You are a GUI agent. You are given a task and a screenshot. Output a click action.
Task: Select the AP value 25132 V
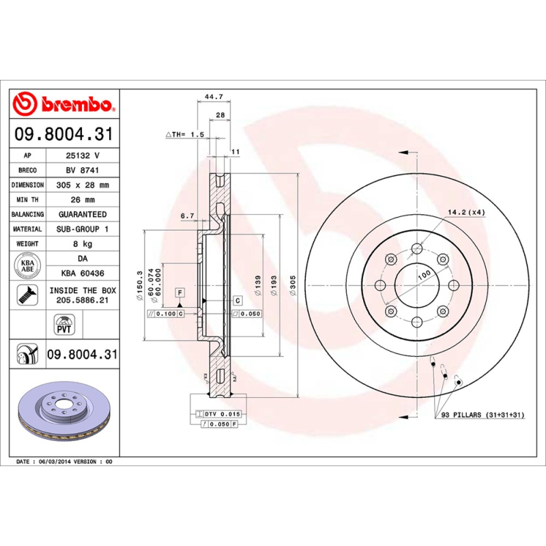point(82,156)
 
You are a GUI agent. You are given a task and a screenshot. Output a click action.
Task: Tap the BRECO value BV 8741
point(82,170)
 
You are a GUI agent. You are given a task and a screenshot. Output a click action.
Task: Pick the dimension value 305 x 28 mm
point(82,185)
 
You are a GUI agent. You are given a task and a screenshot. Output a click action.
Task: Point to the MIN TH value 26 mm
point(82,200)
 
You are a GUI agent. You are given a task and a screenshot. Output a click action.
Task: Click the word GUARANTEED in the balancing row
point(82,215)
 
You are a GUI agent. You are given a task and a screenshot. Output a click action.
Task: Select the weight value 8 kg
point(82,244)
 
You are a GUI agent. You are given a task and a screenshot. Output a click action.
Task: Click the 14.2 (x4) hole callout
point(466,213)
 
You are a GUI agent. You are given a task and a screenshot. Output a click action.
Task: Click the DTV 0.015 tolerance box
point(218,414)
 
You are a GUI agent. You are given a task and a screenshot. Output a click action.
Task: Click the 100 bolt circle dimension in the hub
point(425,274)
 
